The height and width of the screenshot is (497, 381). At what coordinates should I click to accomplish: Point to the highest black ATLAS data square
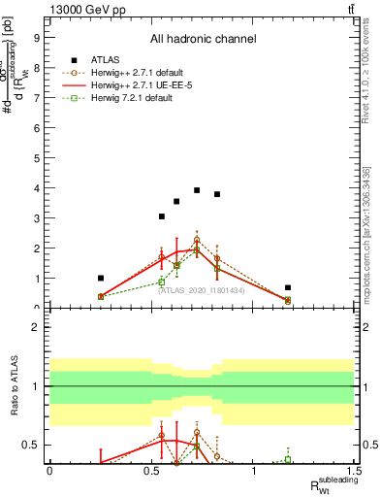pos(197,190)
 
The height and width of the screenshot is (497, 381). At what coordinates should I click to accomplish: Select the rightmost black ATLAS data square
pos(288,287)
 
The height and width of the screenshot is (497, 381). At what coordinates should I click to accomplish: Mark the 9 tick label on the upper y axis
pos(37,38)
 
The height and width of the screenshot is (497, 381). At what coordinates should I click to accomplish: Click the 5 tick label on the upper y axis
pos(37,158)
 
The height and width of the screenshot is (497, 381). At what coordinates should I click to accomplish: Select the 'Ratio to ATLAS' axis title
pos(16,386)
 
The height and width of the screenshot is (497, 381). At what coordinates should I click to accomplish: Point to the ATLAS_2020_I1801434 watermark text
pos(202,290)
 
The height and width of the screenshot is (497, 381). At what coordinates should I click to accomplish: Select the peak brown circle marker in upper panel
pos(197,240)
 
